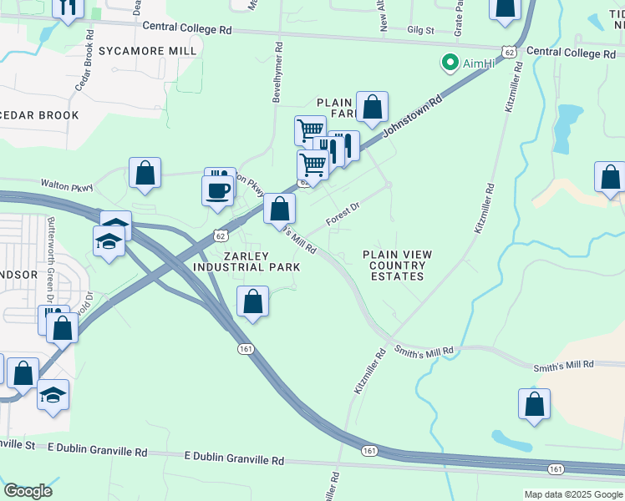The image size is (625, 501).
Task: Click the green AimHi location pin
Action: tap(450, 63)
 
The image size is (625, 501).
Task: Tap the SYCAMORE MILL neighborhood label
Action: tap(148, 51)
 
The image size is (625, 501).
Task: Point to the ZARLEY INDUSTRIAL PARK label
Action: tap(246, 261)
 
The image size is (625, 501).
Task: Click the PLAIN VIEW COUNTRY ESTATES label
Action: tap(393, 265)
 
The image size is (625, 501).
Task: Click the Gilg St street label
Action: tap(420, 29)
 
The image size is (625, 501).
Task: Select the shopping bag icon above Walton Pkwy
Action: tap(145, 173)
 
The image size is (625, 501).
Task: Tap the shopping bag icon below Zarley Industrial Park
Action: tap(252, 302)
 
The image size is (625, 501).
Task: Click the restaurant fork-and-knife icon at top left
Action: tap(69, 7)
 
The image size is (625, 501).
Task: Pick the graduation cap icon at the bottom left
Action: tap(53, 395)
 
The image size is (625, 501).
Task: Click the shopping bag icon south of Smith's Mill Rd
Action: tap(535, 403)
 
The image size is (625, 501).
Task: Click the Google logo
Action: tap(28, 491)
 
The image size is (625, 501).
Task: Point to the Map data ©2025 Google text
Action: tap(573, 494)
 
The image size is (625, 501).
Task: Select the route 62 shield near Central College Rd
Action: tap(510, 52)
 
